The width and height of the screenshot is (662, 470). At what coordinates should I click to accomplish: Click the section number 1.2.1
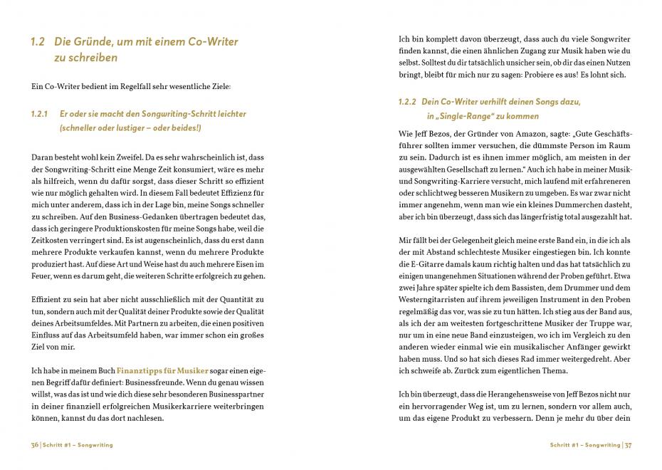click(40, 114)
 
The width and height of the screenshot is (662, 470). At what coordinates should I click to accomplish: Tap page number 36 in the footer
click(35, 445)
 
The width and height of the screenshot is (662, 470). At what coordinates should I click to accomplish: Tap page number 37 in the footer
click(628, 445)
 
